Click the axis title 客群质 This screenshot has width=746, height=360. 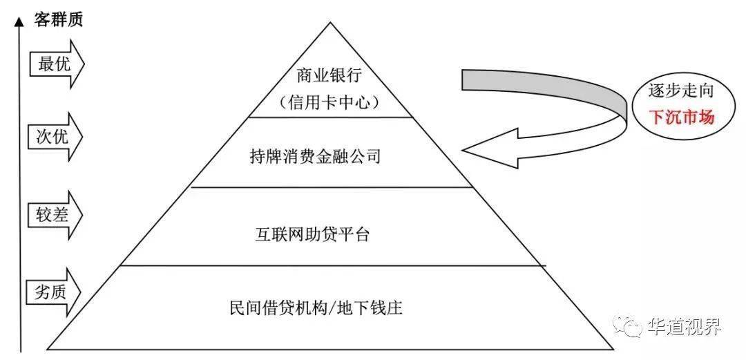click(x=59, y=19)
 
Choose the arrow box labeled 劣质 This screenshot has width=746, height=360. click(x=55, y=290)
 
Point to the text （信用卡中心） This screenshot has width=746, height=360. click(x=329, y=102)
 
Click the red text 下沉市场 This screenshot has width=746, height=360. click(x=681, y=117)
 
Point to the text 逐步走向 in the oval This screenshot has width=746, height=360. click(x=680, y=91)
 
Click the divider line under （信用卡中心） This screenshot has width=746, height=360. click(x=329, y=117)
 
